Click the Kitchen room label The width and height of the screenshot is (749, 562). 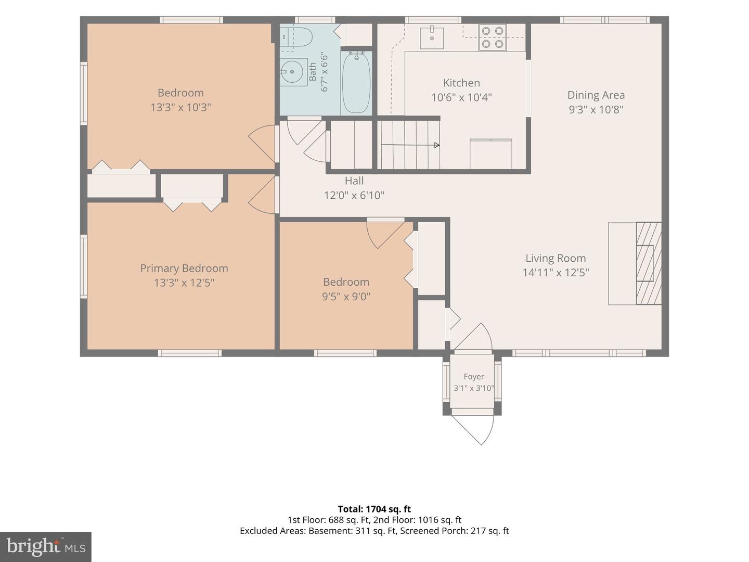[461, 83]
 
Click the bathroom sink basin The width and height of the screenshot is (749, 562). [293, 72]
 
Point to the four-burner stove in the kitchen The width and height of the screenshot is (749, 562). [493, 37]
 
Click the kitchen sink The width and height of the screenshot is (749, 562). [432, 38]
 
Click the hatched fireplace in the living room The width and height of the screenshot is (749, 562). [648, 263]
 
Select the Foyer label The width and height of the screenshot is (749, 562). [474, 377]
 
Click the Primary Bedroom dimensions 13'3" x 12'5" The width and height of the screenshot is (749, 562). [184, 283]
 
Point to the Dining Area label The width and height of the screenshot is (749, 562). [596, 95]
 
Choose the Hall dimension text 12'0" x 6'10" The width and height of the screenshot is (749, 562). [354, 196]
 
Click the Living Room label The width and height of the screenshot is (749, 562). [556, 258]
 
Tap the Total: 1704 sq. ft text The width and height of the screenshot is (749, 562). [374, 509]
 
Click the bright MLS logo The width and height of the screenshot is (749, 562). [46, 547]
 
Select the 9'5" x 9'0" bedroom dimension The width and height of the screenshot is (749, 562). [346, 297]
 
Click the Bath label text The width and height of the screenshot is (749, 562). [313, 72]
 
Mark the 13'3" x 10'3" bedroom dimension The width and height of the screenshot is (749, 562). [180, 108]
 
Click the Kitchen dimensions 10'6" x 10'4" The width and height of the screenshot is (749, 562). [461, 98]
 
